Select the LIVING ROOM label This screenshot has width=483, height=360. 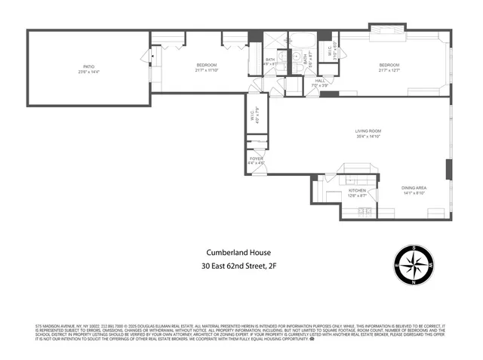368,132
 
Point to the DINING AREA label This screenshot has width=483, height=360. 414,187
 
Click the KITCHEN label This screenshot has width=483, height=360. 357,191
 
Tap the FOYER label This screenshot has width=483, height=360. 257,158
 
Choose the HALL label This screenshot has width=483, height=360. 319,81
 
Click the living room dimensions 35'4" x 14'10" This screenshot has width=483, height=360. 368,137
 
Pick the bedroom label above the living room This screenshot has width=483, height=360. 389,66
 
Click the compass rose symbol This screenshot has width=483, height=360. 414,265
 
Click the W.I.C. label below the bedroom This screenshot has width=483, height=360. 253,116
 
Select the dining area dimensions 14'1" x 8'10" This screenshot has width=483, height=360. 414,192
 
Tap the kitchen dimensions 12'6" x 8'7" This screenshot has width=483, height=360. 357,196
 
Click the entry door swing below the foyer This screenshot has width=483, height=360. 259,171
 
